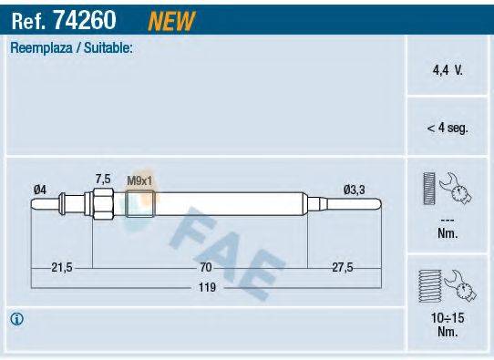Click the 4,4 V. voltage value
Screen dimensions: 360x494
coord(447,69)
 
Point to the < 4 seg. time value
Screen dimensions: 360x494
coord(447,129)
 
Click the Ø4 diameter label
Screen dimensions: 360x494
coord(39,189)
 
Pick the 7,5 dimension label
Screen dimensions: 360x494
coord(103,179)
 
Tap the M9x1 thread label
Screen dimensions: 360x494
coord(139,179)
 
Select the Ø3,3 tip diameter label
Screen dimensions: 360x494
coord(354,189)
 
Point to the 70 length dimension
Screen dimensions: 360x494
coord(206,267)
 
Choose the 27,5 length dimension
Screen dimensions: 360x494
coord(343,267)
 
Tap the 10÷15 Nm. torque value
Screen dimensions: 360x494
coord(447,325)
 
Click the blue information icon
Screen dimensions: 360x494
coord(17,319)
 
